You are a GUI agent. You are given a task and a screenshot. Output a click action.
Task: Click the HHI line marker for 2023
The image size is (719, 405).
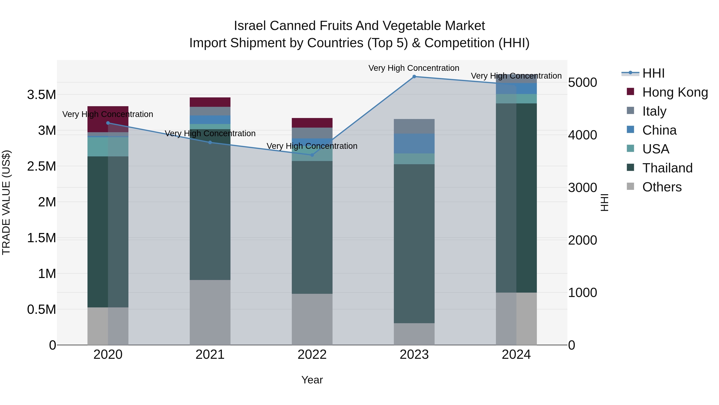414,77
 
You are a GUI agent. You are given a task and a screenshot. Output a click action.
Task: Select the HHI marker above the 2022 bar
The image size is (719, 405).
312,155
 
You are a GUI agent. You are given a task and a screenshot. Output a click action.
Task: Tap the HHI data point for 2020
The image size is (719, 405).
108,123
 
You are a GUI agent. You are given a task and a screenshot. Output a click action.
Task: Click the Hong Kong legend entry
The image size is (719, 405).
675,92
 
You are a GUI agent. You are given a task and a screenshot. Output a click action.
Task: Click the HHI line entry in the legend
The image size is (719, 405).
653,73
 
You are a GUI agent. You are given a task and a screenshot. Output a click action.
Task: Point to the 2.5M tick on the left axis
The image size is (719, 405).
41,166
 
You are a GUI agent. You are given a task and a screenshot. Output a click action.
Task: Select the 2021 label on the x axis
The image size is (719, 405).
210,355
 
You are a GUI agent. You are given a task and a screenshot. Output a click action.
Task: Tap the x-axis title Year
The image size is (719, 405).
312,380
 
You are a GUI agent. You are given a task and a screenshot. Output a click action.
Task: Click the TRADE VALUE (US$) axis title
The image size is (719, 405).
6,202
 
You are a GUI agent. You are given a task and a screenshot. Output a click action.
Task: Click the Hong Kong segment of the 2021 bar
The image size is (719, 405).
210,102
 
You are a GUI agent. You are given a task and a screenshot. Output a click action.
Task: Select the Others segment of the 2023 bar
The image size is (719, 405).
414,334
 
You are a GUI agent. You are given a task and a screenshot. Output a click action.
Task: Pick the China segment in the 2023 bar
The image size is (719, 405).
414,143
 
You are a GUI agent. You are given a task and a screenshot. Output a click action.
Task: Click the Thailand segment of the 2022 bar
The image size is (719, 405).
312,227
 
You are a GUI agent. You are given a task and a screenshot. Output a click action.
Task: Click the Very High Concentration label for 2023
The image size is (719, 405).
414,68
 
